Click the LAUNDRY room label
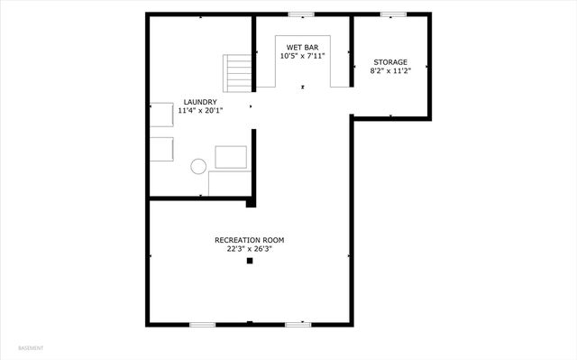(199, 102)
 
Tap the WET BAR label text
(301, 47)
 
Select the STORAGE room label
(391, 62)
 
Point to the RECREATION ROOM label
(249, 240)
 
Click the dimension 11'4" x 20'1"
(199, 110)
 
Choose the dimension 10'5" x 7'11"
(301, 56)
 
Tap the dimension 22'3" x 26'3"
(249, 249)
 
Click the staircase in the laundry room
(238, 71)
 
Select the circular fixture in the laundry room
(198, 165)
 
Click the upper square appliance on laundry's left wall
(162, 115)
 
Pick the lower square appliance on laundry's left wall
(162, 148)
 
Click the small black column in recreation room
(251, 262)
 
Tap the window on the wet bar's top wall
(301, 14)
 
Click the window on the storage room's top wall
(391, 14)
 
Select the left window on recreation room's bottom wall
(202, 324)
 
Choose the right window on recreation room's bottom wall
(298, 324)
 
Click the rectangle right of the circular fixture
(231, 157)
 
